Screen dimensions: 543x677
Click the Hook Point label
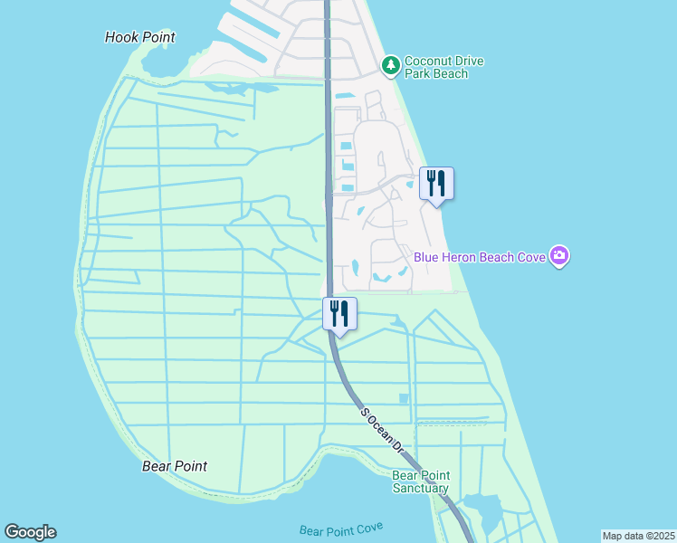tap(139, 37)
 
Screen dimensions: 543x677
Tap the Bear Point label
tap(175, 466)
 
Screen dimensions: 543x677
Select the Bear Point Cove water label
tap(341, 529)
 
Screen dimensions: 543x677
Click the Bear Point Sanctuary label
tap(420, 481)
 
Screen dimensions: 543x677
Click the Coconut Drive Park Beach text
tap(443, 67)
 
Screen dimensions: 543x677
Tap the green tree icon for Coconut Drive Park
tap(390, 64)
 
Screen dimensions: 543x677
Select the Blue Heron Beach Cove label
tap(480, 257)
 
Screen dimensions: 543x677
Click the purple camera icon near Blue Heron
tap(560, 256)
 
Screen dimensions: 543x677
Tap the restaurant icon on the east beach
tap(436, 184)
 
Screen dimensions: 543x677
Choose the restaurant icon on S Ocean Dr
tap(339, 314)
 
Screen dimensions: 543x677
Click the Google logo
tap(30, 532)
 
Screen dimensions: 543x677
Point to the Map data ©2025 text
tap(638, 536)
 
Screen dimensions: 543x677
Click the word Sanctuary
tap(420, 488)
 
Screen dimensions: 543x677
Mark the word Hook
tap(121, 37)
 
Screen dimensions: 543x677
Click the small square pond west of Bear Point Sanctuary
tap(404, 398)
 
